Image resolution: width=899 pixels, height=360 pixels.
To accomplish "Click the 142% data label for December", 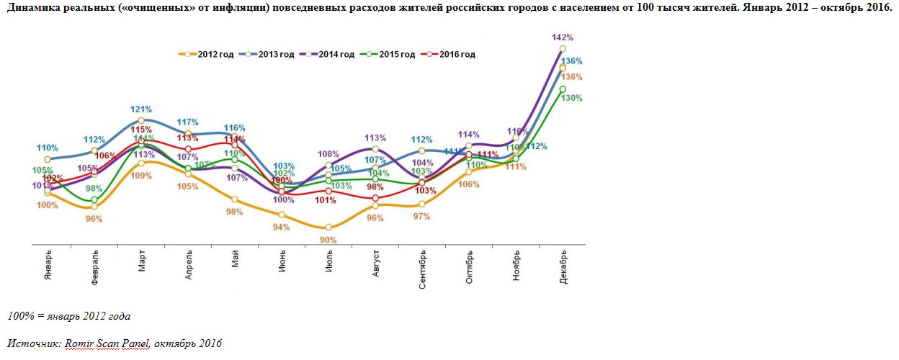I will point(562,37).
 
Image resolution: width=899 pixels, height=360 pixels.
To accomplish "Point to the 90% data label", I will point(329,240).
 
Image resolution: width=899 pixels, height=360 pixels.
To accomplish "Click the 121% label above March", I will point(141,109).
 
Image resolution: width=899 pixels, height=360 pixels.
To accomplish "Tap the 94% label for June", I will point(281,228).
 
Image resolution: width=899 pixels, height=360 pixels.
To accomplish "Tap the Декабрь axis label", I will point(563,268).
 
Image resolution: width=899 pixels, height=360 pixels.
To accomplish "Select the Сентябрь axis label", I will point(423,270).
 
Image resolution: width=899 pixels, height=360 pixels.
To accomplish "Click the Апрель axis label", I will point(189,266).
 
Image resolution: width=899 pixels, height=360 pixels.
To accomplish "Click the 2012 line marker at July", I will point(328,227).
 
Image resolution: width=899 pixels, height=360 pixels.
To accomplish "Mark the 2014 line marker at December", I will point(563,48).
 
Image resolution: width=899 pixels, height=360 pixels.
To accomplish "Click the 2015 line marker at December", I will point(563,89).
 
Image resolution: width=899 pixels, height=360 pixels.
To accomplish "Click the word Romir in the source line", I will point(79,343).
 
